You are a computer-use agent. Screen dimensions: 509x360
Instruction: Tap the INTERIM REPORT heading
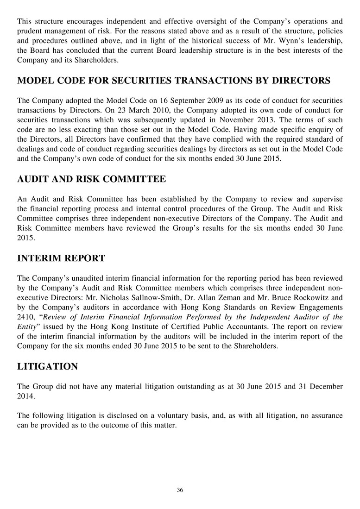pyautogui.click(x=61, y=258)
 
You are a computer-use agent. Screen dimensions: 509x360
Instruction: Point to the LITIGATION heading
pyautogui.click(x=47, y=367)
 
